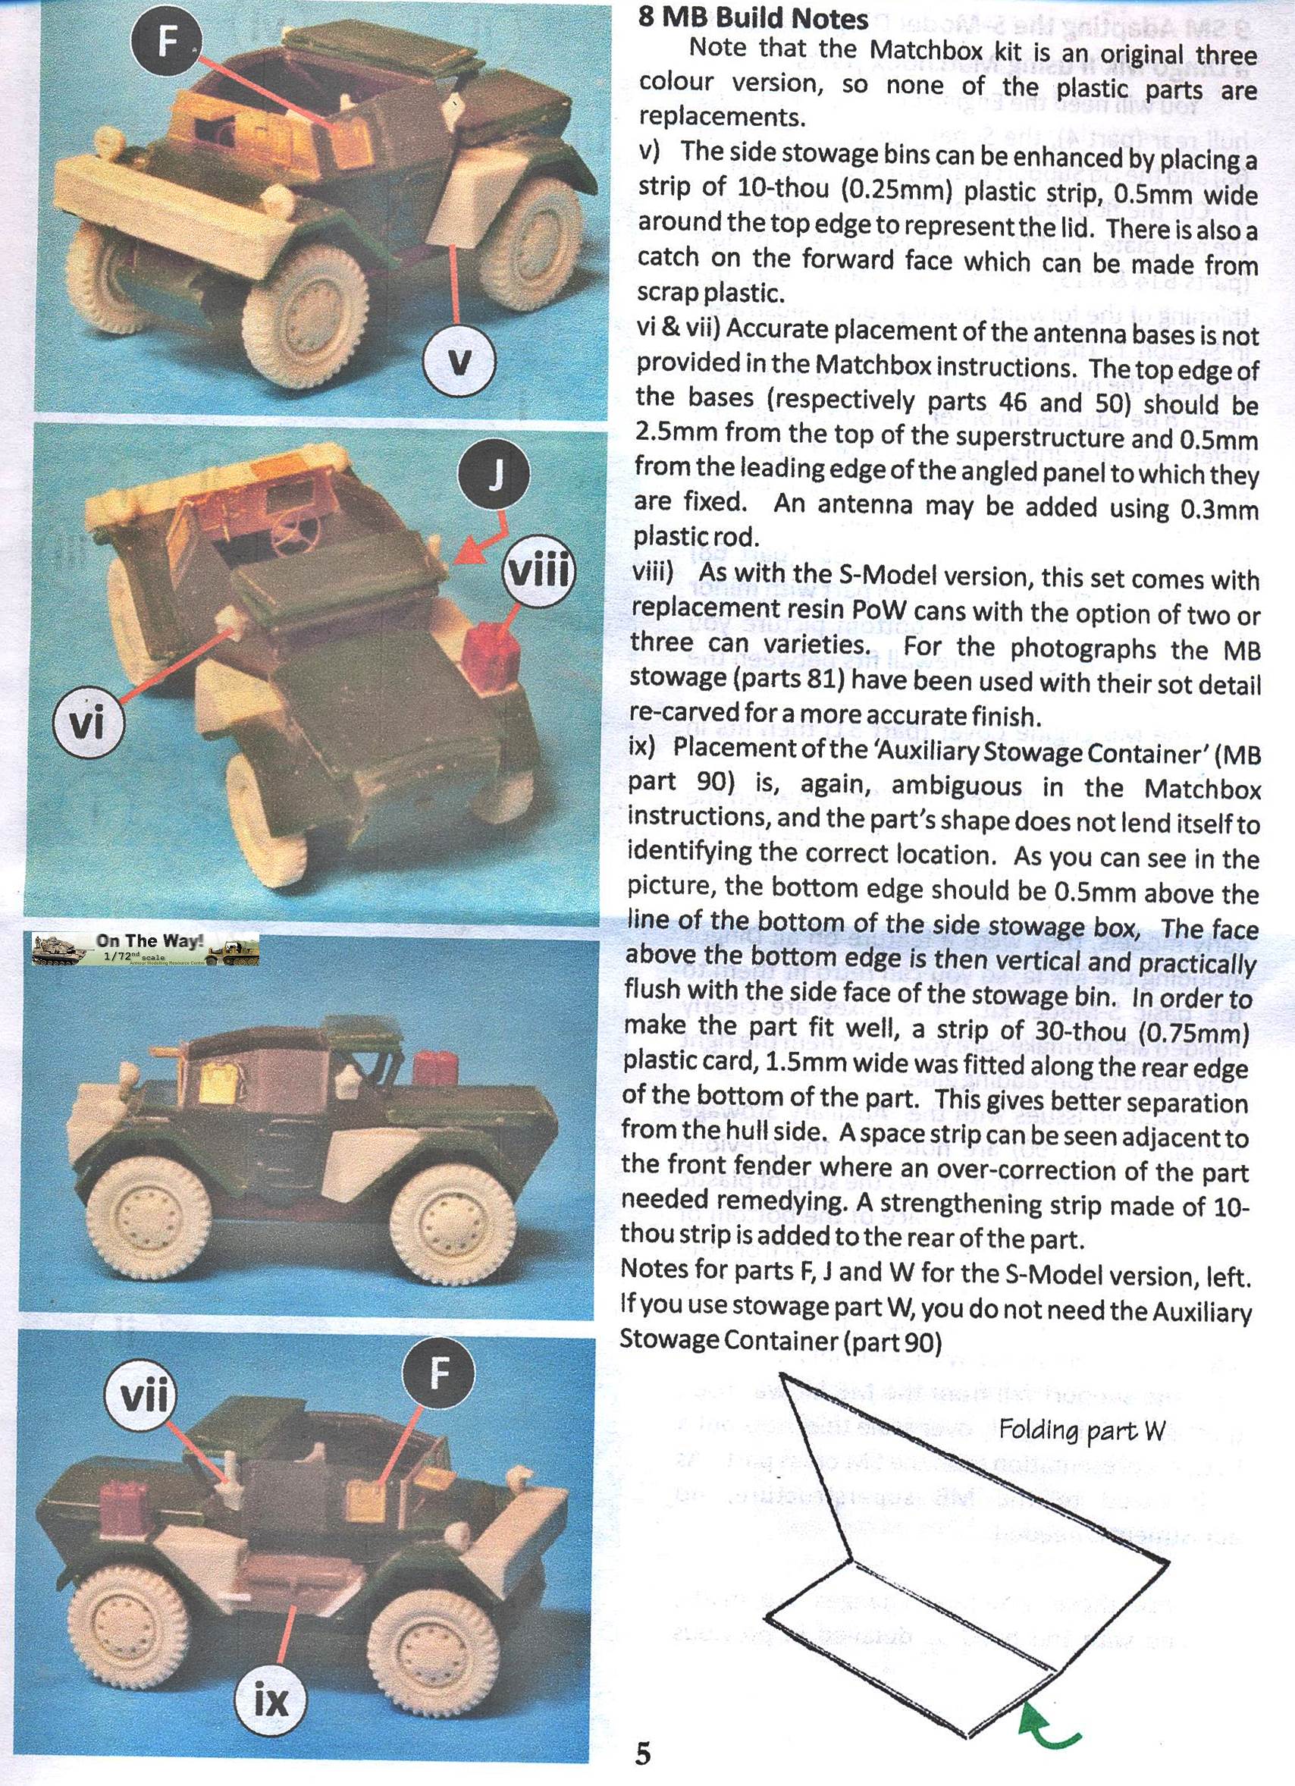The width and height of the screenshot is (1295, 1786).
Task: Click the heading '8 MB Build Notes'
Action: pos(753,18)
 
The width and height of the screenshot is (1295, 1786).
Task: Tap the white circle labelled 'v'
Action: pos(459,362)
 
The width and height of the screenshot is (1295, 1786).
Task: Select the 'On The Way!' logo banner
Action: pos(146,949)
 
